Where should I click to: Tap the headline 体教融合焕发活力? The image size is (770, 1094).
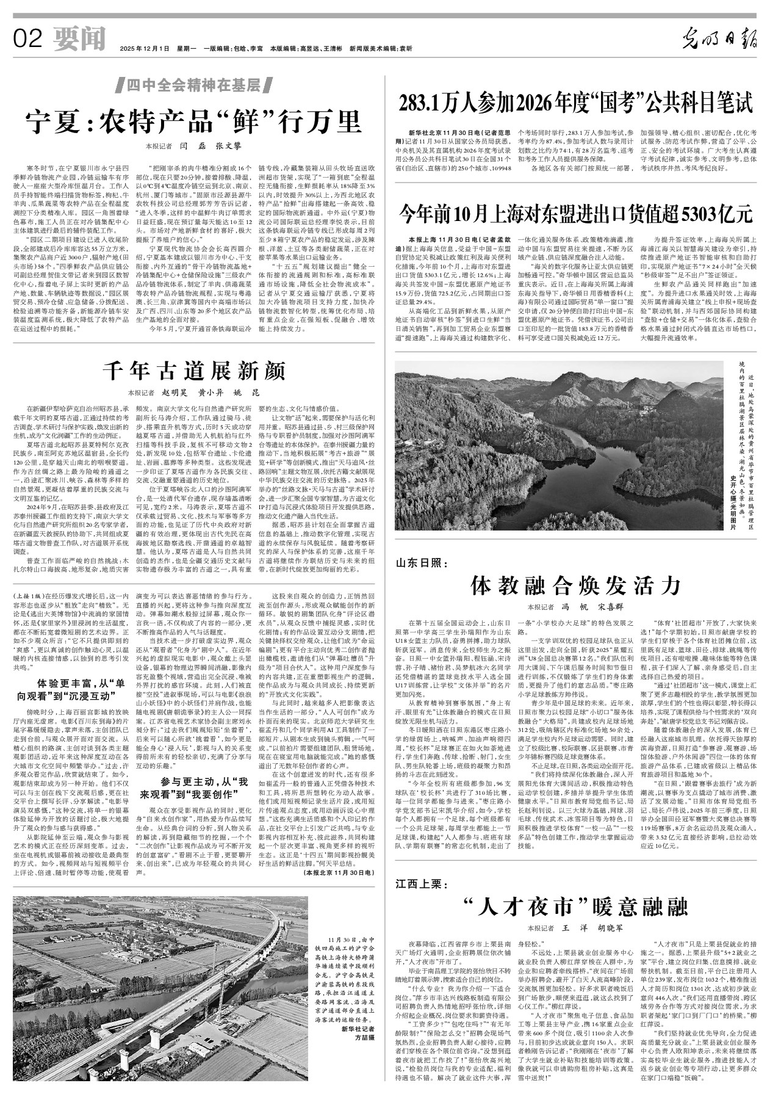click(x=576, y=585)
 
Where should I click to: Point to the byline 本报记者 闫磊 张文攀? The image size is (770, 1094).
click(x=193, y=147)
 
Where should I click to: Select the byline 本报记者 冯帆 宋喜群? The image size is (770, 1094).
click(x=575, y=608)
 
